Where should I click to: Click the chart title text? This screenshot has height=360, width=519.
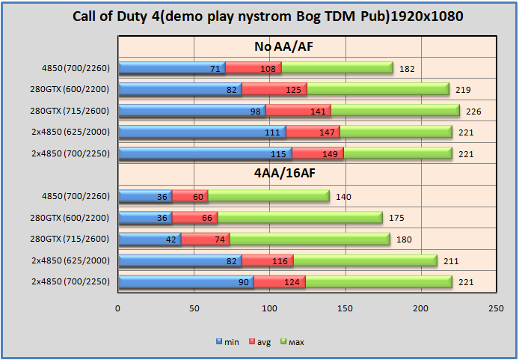pyautogui.click(x=259, y=16)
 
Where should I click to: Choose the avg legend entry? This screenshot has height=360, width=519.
pyautogui.click(x=259, y=342)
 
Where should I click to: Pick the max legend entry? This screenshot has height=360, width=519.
pyautogui.click(x=292, y=342)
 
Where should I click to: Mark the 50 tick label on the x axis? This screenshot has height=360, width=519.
pyautogui.click(x=194, y=308)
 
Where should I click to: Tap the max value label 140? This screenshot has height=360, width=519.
pyautogui.click(x=344, y=197)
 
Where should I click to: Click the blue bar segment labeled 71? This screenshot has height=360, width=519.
pyautogui.click(x=172, y=68)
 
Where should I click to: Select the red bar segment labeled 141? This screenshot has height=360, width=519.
pyautogui.click(x=298, y=111)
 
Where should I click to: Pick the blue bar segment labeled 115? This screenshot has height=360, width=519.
pyautogui.click(x=206, y=153)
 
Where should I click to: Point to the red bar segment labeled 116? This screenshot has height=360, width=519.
pyautogui.click(x=267, y=260)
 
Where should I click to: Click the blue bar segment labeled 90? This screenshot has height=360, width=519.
pyautogui.click(x=186, y=281)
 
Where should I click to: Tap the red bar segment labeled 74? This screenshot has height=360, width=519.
pyautogui.click(x=206, y=239)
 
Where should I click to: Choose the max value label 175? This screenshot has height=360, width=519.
pyautogui.click(x=397, y=218)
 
